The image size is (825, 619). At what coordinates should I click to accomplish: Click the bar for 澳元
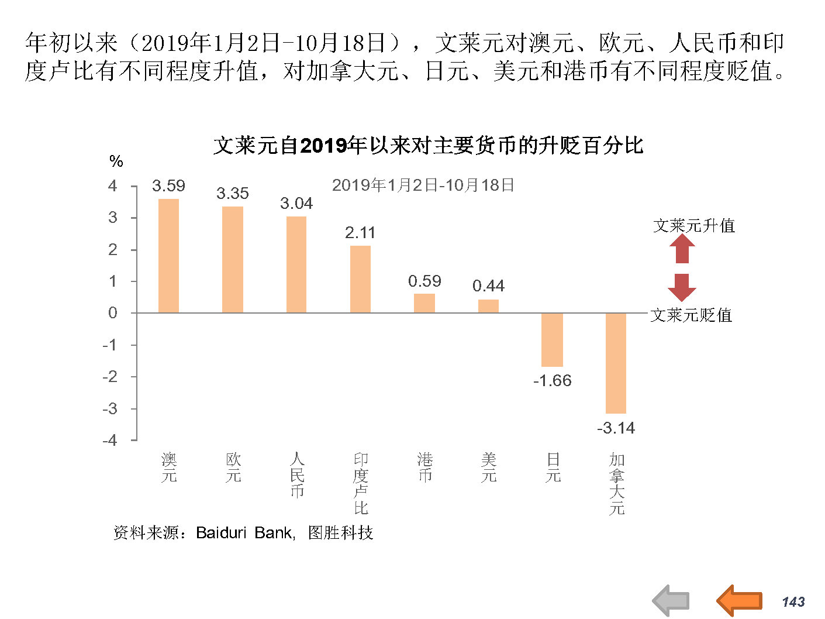(168, 256)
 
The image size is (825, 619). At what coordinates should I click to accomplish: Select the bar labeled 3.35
(233, 259)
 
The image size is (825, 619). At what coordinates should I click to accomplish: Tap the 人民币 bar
(296, 264)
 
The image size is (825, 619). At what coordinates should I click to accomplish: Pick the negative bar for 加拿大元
(616, 363)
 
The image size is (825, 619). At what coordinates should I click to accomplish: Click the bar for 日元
(552, 339)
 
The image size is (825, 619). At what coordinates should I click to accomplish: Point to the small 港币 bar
(424, 303)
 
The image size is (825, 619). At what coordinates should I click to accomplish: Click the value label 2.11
(360, 233)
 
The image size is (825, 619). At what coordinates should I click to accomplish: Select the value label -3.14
(616, 428)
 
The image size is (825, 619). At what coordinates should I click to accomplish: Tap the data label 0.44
(488, 286)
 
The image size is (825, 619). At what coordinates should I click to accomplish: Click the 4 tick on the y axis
(112, 186)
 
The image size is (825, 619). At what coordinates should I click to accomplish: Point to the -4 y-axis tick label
(110, 440)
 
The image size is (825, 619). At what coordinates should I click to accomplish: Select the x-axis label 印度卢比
(361, 483)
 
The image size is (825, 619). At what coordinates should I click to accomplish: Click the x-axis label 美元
(488, 467)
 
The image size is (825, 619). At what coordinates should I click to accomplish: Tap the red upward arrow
(682, 249)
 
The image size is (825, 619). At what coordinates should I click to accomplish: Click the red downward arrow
(682, 287)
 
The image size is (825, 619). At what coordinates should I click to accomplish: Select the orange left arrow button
(739, 600)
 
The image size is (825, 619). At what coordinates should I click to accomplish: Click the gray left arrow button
(671, 601)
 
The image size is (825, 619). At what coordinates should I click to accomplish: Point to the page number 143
(793, 602)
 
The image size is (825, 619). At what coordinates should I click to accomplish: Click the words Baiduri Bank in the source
(244, 533)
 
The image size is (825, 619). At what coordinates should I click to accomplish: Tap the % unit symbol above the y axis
(116, 161)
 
